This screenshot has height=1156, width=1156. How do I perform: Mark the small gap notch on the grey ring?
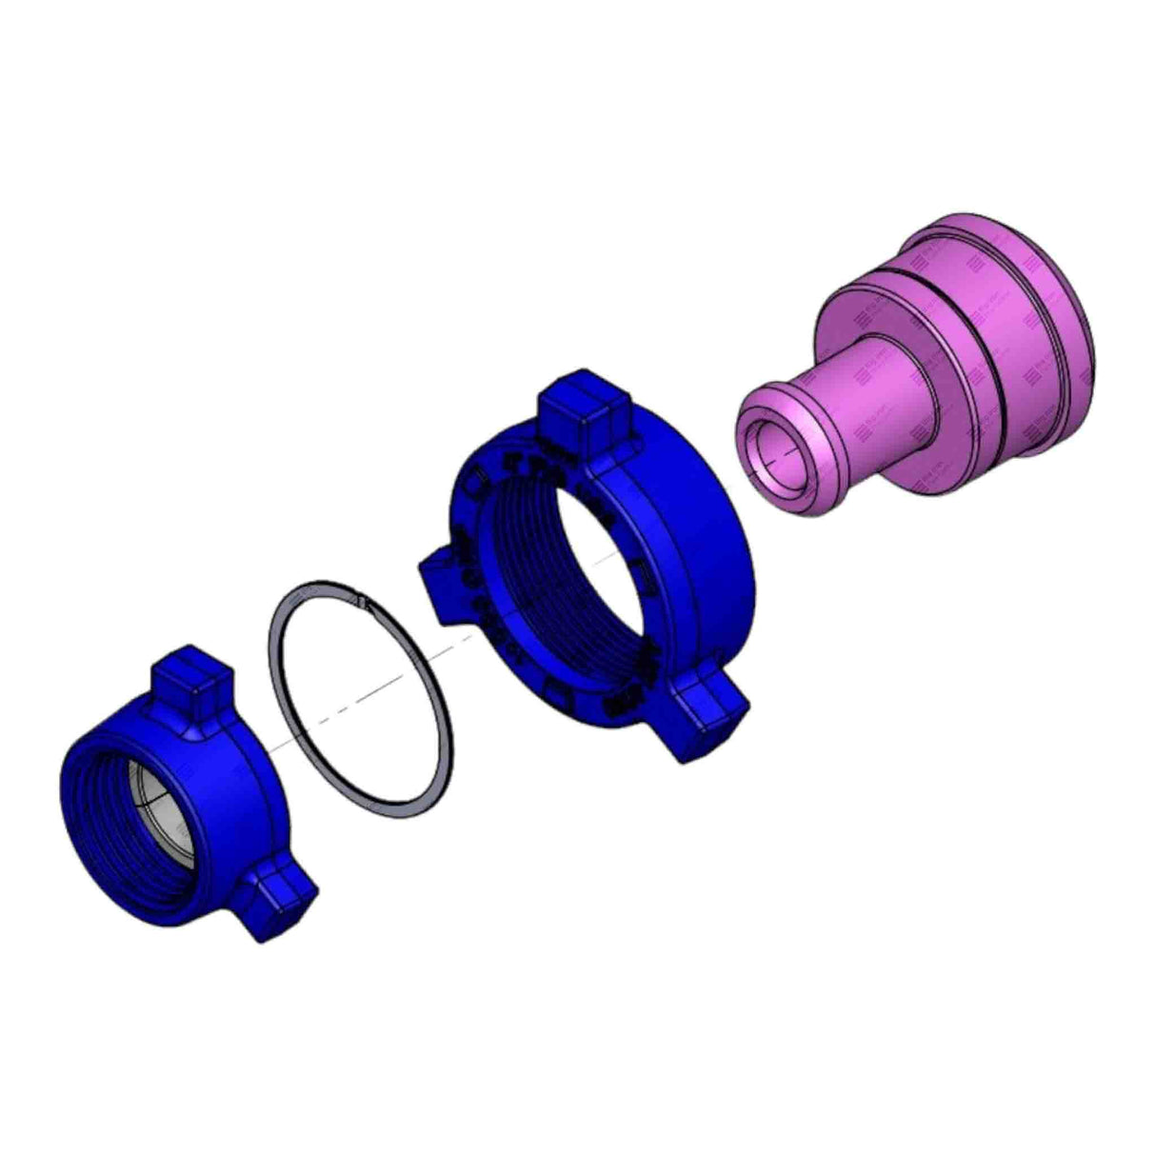tap(361, 600)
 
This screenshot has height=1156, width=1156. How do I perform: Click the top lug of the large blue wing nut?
tap(583, 409)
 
